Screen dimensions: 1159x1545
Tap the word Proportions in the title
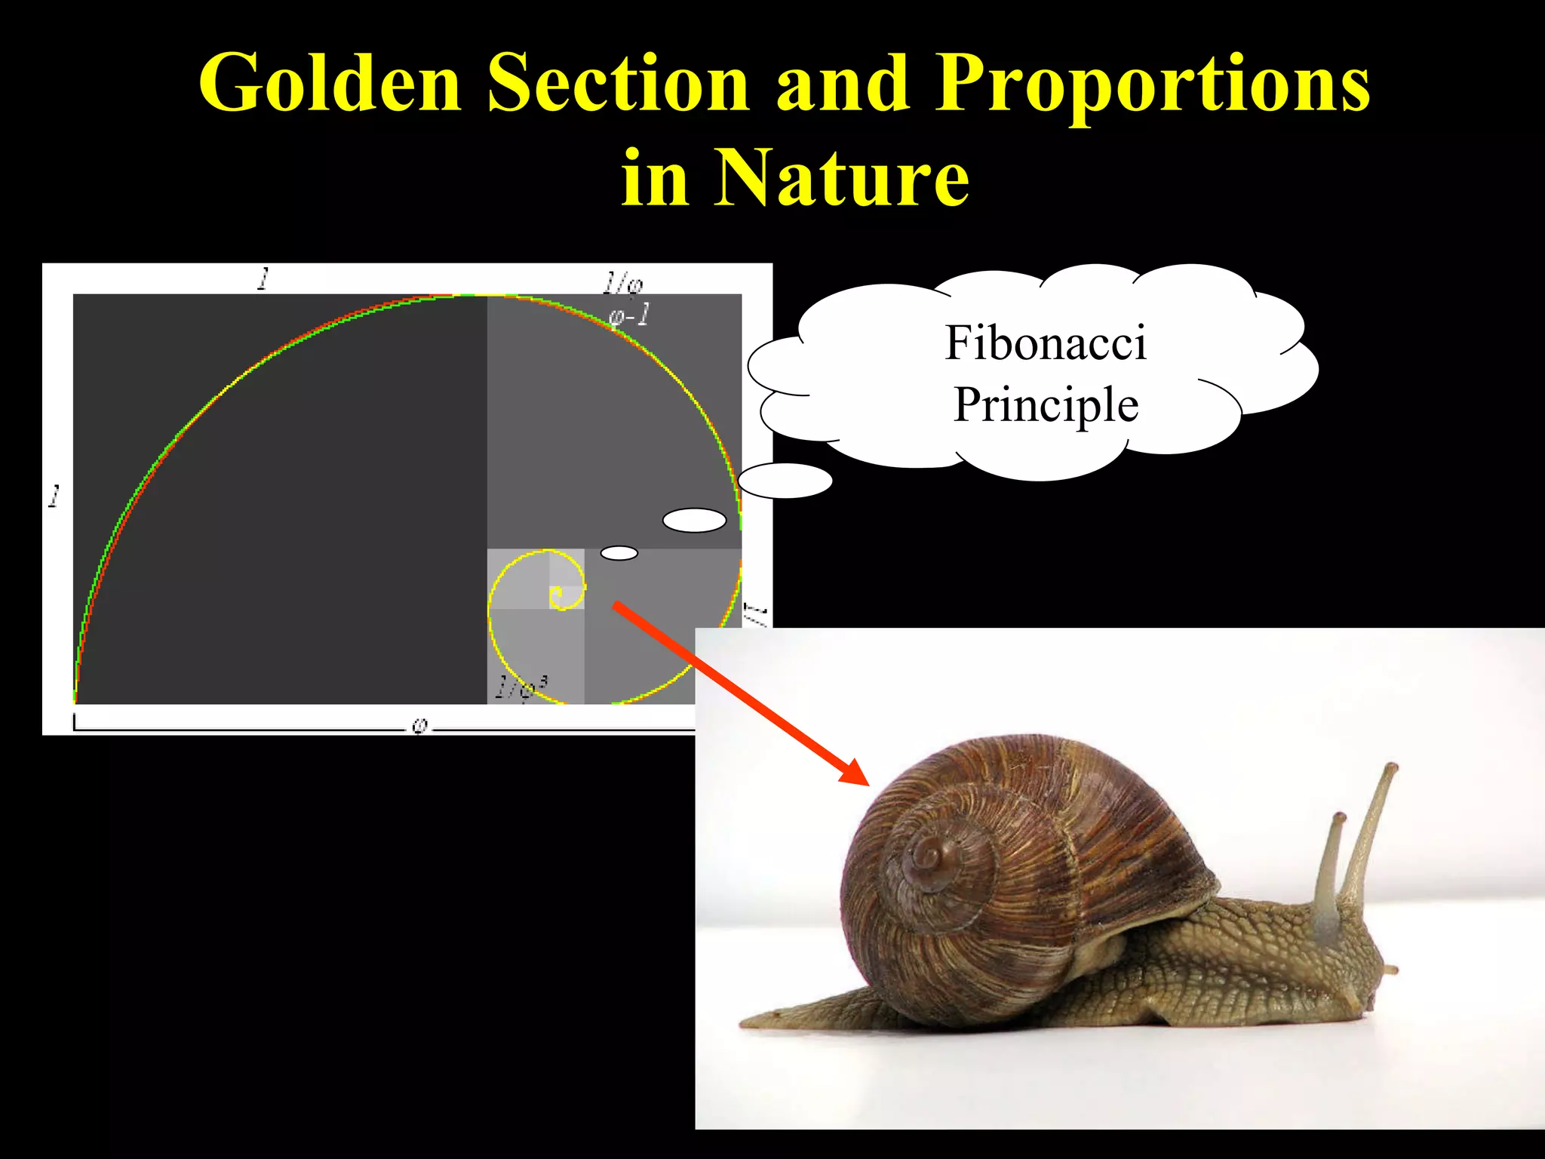coord(1152,85)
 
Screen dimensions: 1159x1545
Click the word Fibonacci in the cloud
coord(1046,343)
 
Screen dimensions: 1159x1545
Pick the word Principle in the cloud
coord(1046,406)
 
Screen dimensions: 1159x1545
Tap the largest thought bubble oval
coord(785,481)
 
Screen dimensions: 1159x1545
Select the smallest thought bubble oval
coord(619,553)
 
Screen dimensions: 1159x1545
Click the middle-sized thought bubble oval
coord(694,520)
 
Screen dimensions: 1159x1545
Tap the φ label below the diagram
coord(420,726)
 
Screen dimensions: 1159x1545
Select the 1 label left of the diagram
coord(54,496)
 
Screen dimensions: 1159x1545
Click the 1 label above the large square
coord(263,279)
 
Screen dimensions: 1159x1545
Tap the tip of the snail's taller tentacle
coord(1391,768)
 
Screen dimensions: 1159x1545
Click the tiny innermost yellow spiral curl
coord(557,597)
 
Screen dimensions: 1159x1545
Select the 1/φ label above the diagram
coord(622,284)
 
